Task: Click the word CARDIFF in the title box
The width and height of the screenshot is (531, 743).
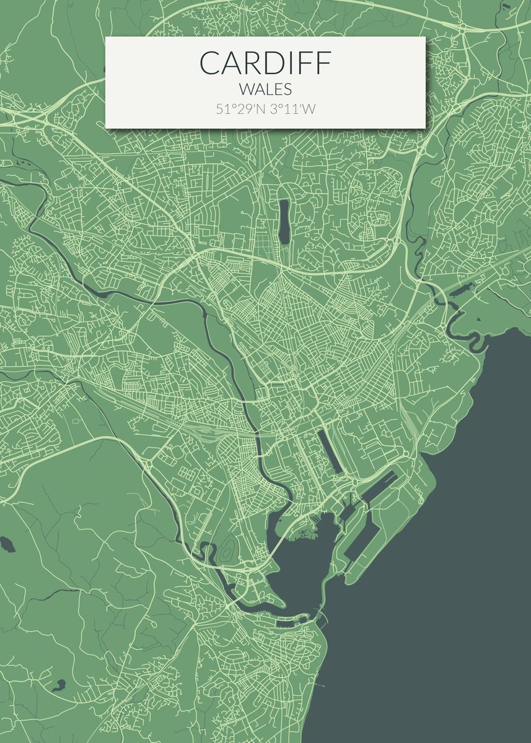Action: pos(265,63)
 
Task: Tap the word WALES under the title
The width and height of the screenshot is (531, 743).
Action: pos(265,90)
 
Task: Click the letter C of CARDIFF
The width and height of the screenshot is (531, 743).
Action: pos(210,63)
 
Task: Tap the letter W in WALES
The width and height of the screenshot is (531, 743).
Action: pos(244,90)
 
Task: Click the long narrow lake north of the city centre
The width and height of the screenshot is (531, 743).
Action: pos(284,222)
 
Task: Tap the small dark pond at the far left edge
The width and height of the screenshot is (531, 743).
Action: pos(8,544)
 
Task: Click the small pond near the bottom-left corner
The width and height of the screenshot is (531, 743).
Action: pos(59,685)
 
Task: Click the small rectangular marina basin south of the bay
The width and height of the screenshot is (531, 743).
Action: pos(288,623)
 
